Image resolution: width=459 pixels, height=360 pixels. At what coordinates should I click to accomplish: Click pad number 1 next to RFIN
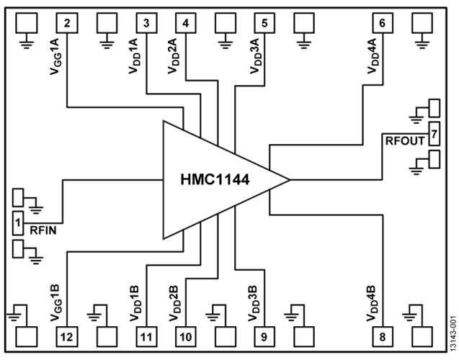[x=18, y=224]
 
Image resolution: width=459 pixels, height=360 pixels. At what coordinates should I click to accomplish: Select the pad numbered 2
[x=66, y=23]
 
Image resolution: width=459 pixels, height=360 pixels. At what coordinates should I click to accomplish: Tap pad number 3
[x=146, y=23]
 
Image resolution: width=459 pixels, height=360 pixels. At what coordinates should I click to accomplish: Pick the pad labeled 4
[x=187, y=23]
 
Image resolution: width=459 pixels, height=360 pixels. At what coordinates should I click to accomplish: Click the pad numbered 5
[x=264, y=23]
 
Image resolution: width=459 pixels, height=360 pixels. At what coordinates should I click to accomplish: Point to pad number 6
[x=382, y=23]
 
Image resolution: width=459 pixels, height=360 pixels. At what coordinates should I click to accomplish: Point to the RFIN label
[x=43, y=230]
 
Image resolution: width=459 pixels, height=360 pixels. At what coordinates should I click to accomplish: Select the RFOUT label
[x=405, y=142]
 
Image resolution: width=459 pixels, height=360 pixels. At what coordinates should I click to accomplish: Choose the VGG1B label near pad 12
[x=55, y=302]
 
